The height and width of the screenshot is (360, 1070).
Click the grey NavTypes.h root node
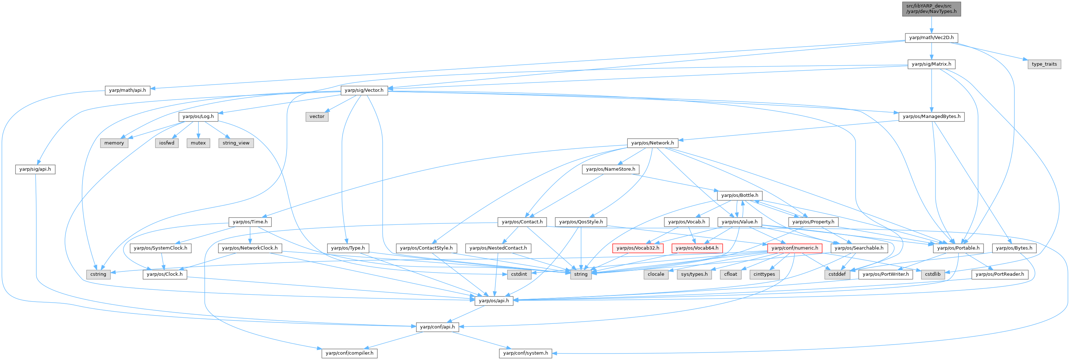(x=931, y=8)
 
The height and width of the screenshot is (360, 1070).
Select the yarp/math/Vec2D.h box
(x=931, y=37)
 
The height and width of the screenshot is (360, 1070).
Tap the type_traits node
(x=1044, y=64)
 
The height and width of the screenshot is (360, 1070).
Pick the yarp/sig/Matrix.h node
(x=931, y=64)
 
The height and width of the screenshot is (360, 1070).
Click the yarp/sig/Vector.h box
(x=364, y=90)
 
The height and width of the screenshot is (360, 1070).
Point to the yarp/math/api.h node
(x=128, y=90)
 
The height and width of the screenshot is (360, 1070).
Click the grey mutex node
(x=198, y=143)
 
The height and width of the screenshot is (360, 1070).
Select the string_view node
(x=236, y=143)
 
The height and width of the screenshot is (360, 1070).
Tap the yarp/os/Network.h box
(x=652, y=143)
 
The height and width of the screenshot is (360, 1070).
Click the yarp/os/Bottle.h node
(x=740, y=195)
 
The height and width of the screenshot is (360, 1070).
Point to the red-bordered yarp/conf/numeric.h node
(x=795, y=248)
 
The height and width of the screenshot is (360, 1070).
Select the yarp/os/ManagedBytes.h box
(x=931, y=116)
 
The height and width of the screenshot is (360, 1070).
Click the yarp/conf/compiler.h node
(x=349, y=353)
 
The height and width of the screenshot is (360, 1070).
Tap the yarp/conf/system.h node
(x=525, y=353)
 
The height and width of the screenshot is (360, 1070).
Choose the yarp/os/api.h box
(x=494, y=300)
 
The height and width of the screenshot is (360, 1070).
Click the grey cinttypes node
(x=764, y=274)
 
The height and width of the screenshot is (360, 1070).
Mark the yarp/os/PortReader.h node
(x=999, y=274)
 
